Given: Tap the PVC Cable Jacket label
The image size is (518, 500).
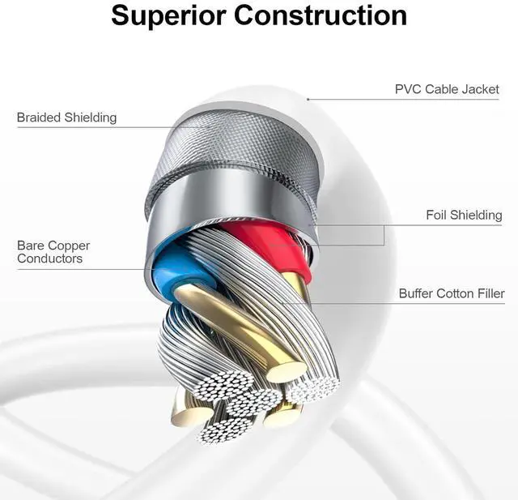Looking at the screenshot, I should [x=447, y=89].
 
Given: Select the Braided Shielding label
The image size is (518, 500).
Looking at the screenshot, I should [x=66, y=118].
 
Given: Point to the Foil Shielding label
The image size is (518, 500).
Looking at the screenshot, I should [x=464, y=215].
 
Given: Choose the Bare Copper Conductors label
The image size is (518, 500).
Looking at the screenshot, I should [x=53, y=252].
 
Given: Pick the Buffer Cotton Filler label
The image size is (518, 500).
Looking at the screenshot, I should [x=452, y=293].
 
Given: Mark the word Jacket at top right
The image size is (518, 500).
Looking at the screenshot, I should [x=480, y=89].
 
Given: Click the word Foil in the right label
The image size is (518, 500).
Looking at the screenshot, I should [x=439, y=215].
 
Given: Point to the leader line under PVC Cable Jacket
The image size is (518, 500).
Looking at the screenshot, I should [x=405, y=100].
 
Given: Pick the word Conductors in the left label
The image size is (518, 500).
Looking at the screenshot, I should [x=49, y=259].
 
